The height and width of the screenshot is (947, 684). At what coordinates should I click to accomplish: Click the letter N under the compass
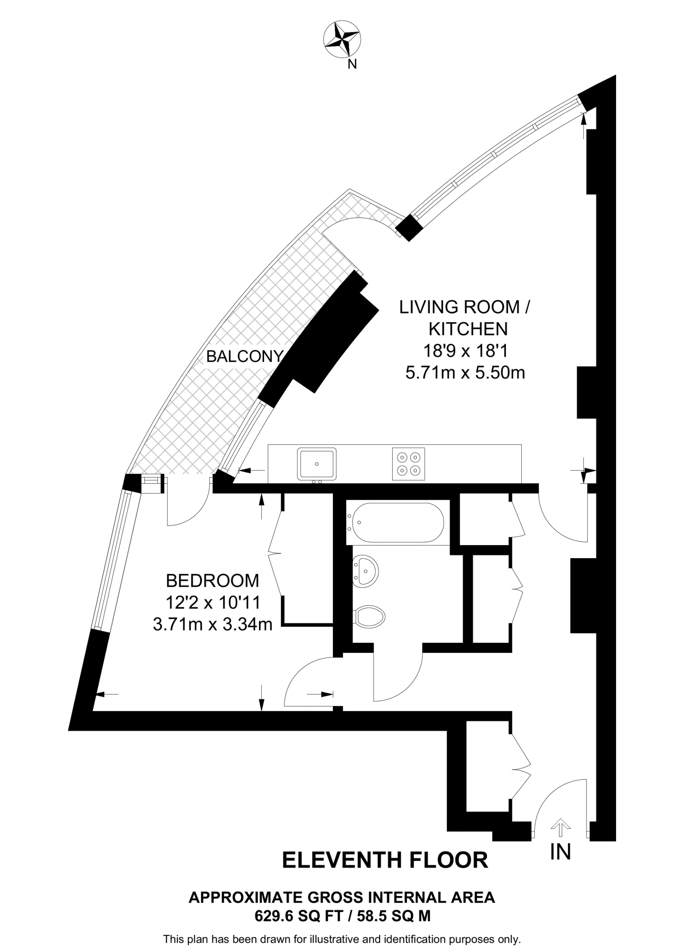coord(352,64)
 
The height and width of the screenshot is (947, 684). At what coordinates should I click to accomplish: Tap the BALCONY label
coord(245,357)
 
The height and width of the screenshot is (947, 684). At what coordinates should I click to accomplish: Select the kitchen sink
coord(317,464)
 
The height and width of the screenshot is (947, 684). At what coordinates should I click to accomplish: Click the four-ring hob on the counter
coord(408,464)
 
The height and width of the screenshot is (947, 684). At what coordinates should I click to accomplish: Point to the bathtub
coord(395,523)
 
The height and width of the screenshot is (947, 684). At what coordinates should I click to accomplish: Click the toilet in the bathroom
coord(370,616)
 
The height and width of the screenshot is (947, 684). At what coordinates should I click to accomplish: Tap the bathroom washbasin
coord(365,571)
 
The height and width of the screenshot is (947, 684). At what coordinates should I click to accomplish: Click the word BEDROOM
coord(212,580)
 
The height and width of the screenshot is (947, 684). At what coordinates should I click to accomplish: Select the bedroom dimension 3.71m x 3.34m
coord(212,625)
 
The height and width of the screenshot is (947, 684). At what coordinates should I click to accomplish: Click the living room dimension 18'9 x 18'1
coord(465,351)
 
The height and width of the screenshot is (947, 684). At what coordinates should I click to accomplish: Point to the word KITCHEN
coord(468,329)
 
